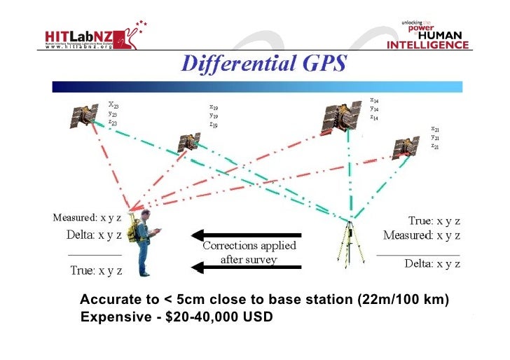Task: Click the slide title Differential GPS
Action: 264,64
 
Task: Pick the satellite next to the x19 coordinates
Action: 188,141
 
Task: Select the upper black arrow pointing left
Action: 247,234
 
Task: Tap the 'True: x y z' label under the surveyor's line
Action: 97,270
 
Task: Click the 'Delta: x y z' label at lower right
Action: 432,263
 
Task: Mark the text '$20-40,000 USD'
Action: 219,317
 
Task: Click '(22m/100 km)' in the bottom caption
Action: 403,300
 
